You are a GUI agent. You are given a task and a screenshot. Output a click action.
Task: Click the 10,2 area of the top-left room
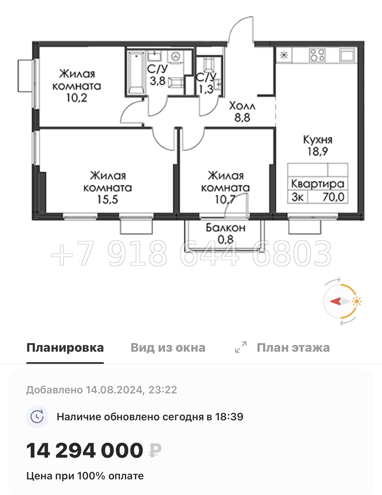pyautogui.click(x=77, y=98)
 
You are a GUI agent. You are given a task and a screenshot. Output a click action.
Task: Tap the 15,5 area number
pyautogui.click(x=107, y=199)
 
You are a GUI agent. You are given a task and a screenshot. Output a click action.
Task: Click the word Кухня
pyautogui.click(x=317, y=140)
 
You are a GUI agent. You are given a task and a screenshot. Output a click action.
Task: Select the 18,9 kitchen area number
pyautogui.click(x=317, y=151)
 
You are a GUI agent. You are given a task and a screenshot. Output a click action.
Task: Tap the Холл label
pyautogui.click(x=242, y=106)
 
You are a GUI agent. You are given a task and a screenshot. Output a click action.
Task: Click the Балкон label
pyautogui.click(x=225, y=228)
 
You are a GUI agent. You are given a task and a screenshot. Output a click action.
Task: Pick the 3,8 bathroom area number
pyautogui.click(x=157, y=81)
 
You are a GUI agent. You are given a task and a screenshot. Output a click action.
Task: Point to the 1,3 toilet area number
pyautogui.click(x=206, y=89)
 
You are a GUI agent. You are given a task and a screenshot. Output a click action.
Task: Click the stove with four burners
pyautogui.click(x=317, y=55)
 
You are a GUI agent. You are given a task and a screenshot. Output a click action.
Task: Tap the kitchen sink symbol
pyautogui.click(x=347, y=55)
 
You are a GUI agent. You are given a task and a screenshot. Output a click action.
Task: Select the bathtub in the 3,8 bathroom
pyautogui.click(x=136, y=72)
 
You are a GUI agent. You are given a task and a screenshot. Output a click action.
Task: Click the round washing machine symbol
pyautogui.click(x=175, y=56)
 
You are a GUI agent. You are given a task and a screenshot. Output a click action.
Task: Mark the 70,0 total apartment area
pyautogui.click(x=333, y=197)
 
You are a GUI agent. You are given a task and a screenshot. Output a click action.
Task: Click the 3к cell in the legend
pyautogui.click(x=297, y=197)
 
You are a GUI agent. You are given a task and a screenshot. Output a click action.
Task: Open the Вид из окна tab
pyautogui.click(x=168, y=348)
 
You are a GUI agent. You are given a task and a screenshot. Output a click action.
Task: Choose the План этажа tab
pyautogui.click(x=293, y=348)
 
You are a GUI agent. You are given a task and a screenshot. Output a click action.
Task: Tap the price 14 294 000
pyautogui.click(x=85, y=450)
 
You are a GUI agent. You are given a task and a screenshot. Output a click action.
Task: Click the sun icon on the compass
pyautogui.click(x=357, y=301)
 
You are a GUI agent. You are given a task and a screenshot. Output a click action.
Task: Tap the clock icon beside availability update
pyautogui.click(x=37, y=417)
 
